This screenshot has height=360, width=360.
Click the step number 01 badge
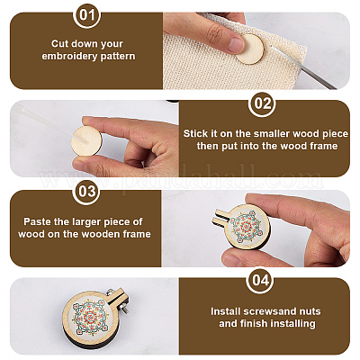[x=87, y=15]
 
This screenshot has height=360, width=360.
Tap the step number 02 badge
[x=263, y=103]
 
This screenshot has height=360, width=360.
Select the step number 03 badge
[x=87, y=192]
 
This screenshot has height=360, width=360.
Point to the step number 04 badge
[x=260, y=280]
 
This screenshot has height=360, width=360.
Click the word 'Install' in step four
[x=226, y=311]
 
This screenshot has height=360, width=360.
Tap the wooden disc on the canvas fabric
[x=250, y=49]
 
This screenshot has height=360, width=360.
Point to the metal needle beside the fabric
[x=303, y=68]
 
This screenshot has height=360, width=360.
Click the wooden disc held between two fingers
[x=86, y=141]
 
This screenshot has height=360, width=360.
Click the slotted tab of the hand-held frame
[x=221, y=217]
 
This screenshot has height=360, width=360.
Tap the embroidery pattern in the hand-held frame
[x=247, y=226]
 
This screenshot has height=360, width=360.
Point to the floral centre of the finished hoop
[x=89, y=317]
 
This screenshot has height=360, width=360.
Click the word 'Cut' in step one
[x=58, y=44]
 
